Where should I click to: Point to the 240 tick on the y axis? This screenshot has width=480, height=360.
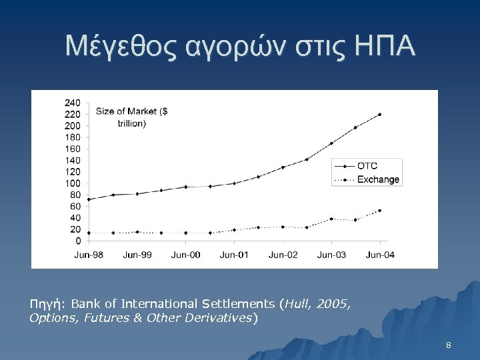[73, 103]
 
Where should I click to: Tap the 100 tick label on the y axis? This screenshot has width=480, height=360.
[73, 183]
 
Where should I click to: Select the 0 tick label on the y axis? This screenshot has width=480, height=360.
[78, 241]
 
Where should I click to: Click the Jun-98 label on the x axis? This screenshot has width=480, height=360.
[88, 255]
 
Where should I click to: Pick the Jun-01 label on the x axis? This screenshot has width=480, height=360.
[235, 255]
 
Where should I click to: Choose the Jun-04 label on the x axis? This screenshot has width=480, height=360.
[380, 255]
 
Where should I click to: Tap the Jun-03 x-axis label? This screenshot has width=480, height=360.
[331, 255]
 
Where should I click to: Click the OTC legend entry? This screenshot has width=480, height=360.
[367, 166]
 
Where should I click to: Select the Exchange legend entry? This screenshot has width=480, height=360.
[378, 179]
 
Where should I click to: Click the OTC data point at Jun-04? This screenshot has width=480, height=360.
[380, 114]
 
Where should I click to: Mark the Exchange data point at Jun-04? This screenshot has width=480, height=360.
[380, 211]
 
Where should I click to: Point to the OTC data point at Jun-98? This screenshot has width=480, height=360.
[89, 199]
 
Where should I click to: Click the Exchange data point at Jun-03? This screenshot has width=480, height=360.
[331, 219]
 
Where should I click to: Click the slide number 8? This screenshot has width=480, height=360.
[449, 345]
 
